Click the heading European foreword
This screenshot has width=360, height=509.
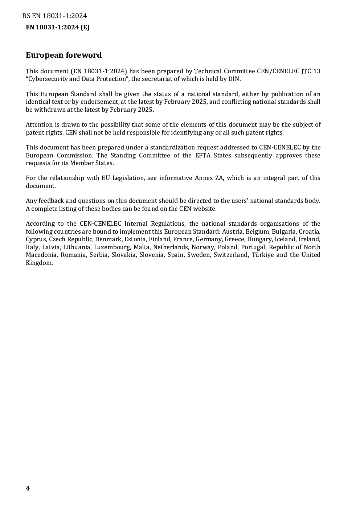(64, 55)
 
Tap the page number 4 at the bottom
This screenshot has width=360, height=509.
(28, 488)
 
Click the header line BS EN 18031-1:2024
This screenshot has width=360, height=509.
(54, 16)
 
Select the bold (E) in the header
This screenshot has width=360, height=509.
(85, 27)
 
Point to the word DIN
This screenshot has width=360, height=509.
(234, 79)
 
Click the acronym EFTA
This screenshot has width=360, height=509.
(203, 155)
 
